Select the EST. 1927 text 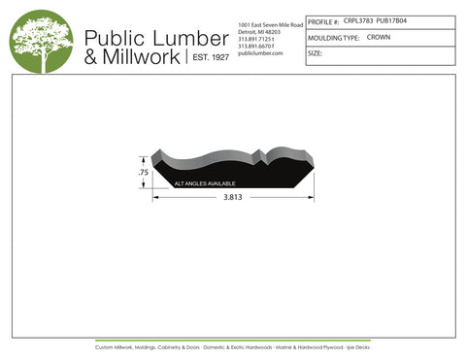[210, 58]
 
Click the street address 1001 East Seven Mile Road [270, 22]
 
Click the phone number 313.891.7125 [256, 38]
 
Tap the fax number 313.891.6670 [256, 46]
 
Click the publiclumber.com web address [259, 53]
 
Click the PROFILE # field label [323, 20]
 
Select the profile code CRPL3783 [359, 19]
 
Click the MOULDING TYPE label [333, 37]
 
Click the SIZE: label [315, 53]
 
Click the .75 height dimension [143, 173]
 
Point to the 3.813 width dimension [232, 197]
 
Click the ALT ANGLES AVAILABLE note [205, 181]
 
